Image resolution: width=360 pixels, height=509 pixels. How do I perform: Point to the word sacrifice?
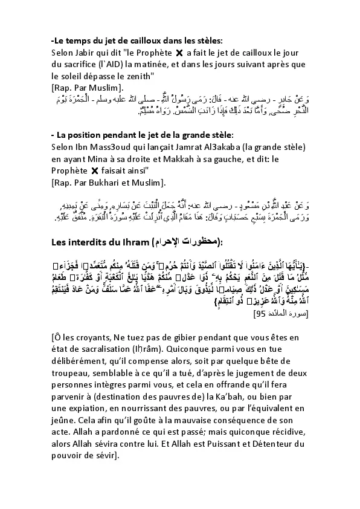86,65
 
